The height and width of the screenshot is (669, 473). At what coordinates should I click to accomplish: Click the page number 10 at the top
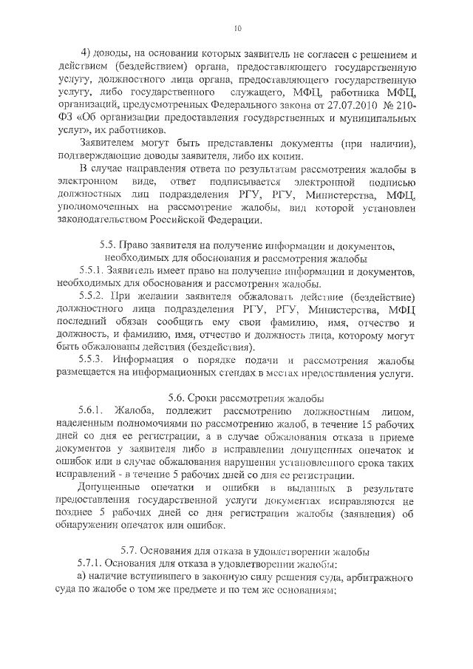[x=236, y=28]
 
